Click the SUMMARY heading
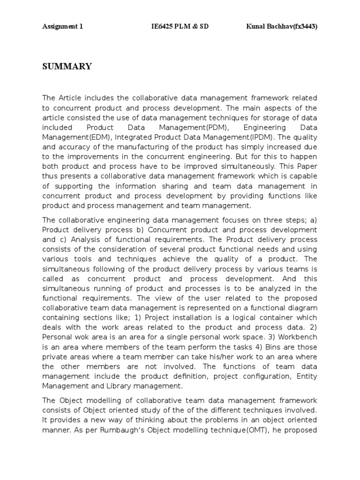click(67, 67)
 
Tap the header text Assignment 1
click(62, 27)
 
